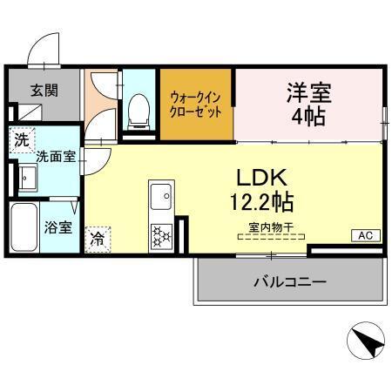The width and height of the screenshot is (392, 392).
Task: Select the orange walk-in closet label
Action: tap(196, 105)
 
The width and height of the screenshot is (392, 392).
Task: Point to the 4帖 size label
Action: tap(310, 116)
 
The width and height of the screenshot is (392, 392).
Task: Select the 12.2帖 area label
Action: tap(261, 203)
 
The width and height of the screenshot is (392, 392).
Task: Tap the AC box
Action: tap(364, 235)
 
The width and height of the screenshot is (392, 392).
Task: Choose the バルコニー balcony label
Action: tap(289, 282)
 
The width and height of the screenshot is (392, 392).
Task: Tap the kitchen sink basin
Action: tap(161, 198)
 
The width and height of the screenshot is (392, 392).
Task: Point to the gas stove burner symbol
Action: tap(161, 234)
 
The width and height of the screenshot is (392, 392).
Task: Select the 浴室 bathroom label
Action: tap(57, 231)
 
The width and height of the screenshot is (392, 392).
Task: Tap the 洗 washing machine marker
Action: tap(20, 138)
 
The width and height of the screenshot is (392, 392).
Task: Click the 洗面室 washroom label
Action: tap(54, 158)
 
